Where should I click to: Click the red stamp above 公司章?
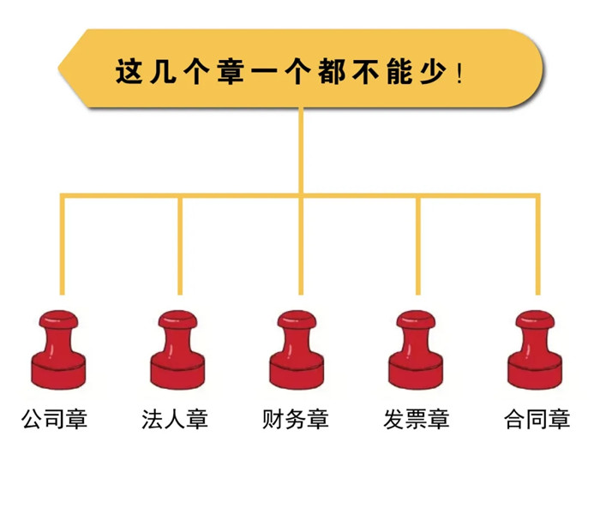tap(58, 350)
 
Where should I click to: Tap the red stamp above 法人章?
tap(177, 350)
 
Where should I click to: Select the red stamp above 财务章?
tap(297, 350)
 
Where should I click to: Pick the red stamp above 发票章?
tap(416, 350)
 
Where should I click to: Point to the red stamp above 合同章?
tap(535, 350)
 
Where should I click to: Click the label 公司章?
tap(55, 419)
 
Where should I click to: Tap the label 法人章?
tap(175, 419)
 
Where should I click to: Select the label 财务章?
tap(296, 419)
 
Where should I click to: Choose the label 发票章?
tap(417, 419)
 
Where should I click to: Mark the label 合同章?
tap(537, 419)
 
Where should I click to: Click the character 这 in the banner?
tap(129, 71)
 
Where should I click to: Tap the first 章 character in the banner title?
tap(231, 71)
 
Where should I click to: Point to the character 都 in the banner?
tap(333, 71)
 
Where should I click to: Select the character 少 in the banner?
tap(434, 71)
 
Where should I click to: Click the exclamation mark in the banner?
tap(459, 75)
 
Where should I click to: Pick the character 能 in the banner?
tap(400, 71)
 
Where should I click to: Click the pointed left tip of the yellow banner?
tap(58, 68)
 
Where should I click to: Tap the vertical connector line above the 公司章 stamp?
tap(63, 245)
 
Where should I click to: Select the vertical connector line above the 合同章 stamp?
tap(537, 245)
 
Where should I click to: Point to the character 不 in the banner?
tap(366, 71)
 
